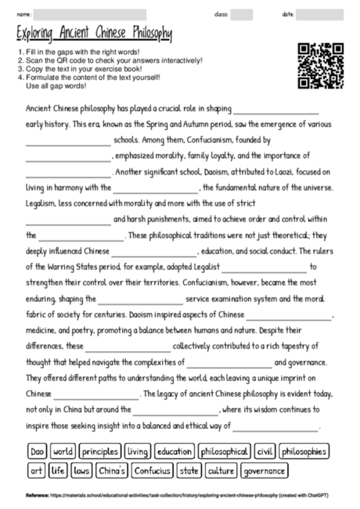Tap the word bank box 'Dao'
click(x=37, y=452)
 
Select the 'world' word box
click(x=63, y=452)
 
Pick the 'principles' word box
click(x=99, y=452)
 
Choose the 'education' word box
click(x=174, y=452)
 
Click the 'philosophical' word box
click(x=225, y=452)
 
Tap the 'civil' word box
click(x=265, y=452)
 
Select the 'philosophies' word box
click(x=304, y=452)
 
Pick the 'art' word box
click(x=35, y=471)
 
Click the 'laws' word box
click(x=81, y=471)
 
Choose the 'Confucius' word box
click(x=153, y=471)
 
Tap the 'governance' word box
click(x=263, y=471)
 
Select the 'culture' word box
click(x=221, y=471)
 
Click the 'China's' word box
click(x=112, y=471)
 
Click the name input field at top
click(x=90, y=14)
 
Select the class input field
click(x=241, y=14)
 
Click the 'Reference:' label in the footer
click(x=38, y=496)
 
